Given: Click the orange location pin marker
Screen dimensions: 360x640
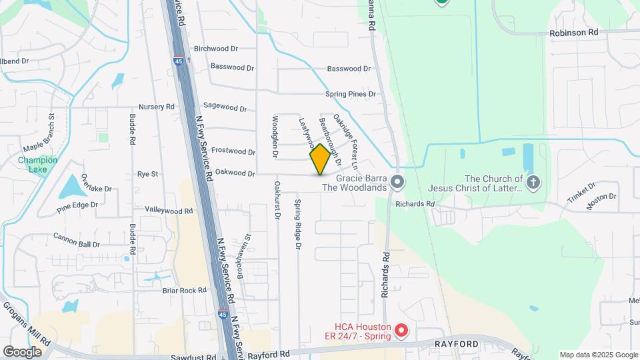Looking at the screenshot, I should pos(321,159).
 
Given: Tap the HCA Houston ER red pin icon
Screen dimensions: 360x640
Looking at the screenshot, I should pos(401,329).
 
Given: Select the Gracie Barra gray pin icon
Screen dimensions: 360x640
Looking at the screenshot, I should pos(397,182).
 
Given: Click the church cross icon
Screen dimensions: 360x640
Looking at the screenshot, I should pos(533,182).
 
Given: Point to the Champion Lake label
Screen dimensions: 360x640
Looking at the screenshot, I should pos(37,164).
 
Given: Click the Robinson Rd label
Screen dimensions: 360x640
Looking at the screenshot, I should pos(574,32).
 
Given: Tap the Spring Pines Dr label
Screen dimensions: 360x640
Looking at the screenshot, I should pos(351,94).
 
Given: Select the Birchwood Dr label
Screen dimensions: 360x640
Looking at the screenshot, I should pos(215,49).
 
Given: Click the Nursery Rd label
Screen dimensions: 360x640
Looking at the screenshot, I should pos(156,107).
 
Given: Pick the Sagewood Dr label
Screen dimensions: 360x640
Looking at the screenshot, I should pos(225,107).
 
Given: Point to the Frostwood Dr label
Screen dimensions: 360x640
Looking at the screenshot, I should pos(233,152).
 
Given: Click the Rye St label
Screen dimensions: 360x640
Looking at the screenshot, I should pos(147,174).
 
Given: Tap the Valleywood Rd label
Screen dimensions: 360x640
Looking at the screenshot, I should pos(169,211).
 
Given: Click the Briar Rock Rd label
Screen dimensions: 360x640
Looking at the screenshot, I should pos(184,290).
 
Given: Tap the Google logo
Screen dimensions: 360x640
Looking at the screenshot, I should pos(22,351).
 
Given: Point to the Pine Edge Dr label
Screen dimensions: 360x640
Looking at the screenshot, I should pos(83,207).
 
